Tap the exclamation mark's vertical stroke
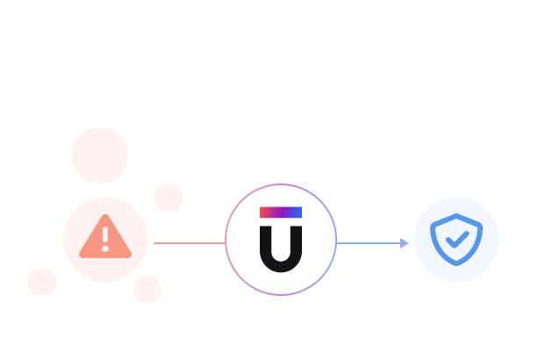pyautogui.click(x=105, y=234)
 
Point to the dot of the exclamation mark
pyautogui.click(x=105, y=248)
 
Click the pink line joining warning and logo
pyautogui.click(x=189, y=243)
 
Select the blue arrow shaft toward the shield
pyautogui.click(x=369, y=243)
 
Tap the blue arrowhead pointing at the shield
pyautogui.click(x=405, y=243)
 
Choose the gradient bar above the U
pyautogui.click(x=281, y=212)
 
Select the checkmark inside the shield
pyautogui.click(x=456, y=239)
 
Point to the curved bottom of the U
pyautogui.click(x=281, y=266)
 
